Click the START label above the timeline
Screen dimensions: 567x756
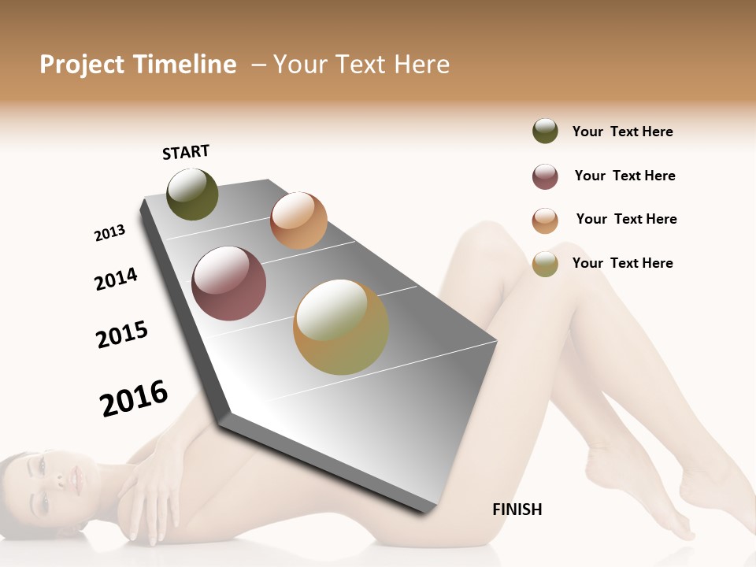point(186,152)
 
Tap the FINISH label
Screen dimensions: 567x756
point(517,510)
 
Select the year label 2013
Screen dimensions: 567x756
point(109,233)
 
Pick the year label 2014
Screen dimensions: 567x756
point(116,279)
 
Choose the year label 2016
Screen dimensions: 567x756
point(134,398)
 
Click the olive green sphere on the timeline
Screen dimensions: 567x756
point(192,195)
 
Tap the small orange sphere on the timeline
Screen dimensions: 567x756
point(298,220)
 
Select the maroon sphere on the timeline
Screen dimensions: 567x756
point(229,283)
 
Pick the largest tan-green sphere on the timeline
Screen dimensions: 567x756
point(341,327)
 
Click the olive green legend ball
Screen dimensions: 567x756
point(545,131)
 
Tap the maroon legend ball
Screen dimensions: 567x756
point(545,176)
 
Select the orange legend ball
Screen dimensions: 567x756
point(545,220)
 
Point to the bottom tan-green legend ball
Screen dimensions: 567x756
point(545,264)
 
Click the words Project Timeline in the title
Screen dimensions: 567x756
point(138,65)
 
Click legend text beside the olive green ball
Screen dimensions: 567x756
point(622,132)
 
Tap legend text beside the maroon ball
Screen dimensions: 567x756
point(624,176)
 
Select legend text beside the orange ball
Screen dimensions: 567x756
point(626,219)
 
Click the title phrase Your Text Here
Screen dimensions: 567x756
point(361,65)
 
